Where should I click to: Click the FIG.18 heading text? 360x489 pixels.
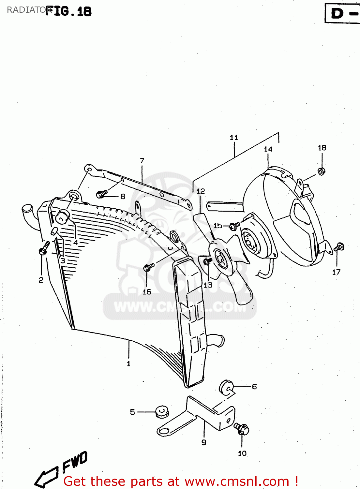coord(68,11)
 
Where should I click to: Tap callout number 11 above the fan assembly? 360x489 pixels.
coord(234,138)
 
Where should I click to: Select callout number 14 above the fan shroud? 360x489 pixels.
coord(268,149)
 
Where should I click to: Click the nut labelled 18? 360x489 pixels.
coord(322,171)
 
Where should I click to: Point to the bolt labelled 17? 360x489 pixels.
coord(339,247)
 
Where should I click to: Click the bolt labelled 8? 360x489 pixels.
coord(101,195)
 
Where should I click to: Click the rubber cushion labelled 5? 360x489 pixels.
coord(162,411)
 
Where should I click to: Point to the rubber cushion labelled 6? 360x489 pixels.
coord(226,387)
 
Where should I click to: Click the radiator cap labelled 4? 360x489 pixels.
coord(63,216)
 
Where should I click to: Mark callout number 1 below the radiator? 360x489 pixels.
coord(128,363)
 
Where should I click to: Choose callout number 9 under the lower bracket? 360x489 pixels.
coord(204,442)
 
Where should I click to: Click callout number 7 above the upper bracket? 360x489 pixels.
coord(142,161)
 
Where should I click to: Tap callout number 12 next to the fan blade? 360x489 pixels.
coord(201,191)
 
